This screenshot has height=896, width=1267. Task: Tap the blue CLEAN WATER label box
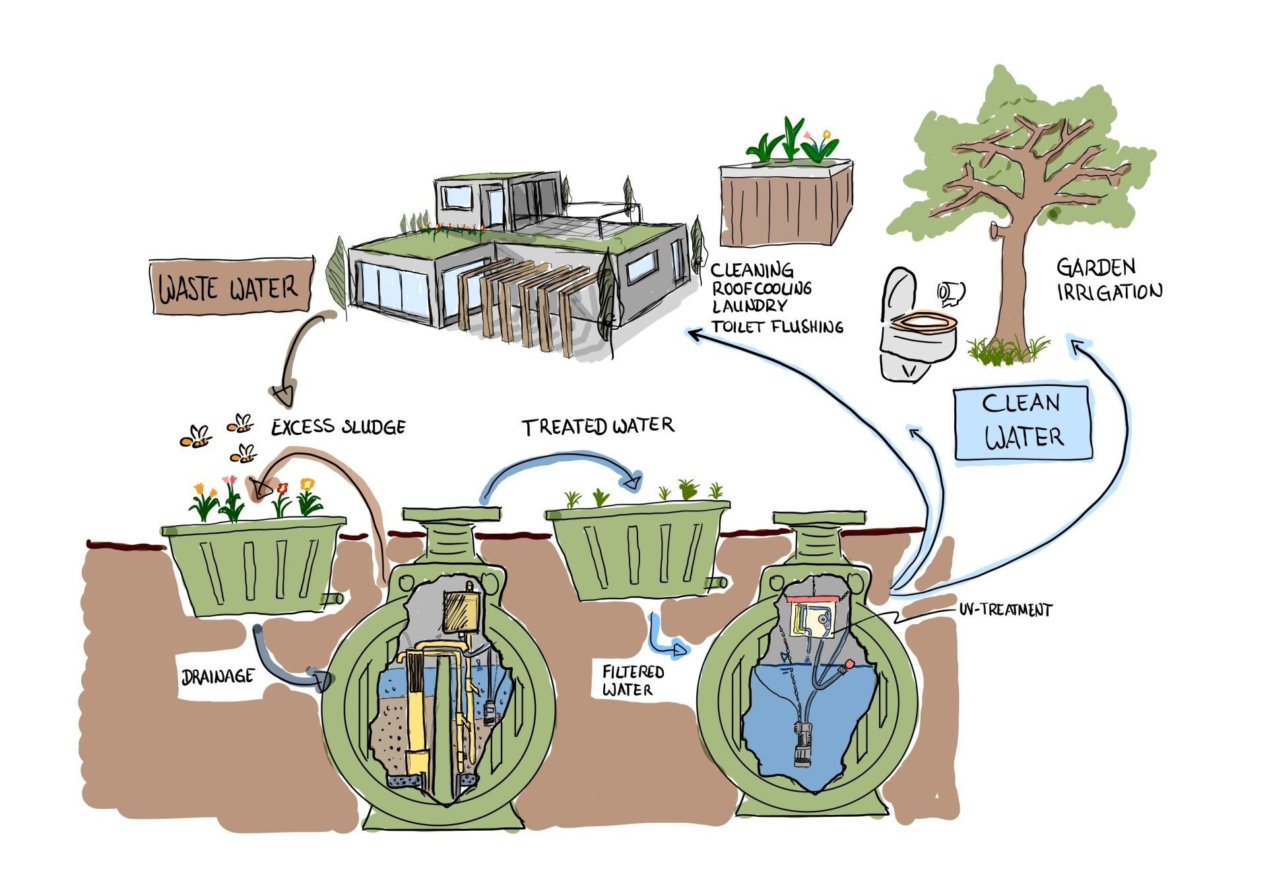point(1022,421)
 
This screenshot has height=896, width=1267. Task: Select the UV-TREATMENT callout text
point(1005,609)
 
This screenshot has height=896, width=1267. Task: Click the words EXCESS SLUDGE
point(339,427)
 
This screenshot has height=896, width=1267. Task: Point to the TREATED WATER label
point(598,427)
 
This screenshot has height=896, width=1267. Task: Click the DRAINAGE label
point(217,676)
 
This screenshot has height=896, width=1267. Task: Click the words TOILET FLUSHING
point(777,326)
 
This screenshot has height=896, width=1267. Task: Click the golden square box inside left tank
point(461,611)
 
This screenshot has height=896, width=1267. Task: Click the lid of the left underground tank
point(451,513)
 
